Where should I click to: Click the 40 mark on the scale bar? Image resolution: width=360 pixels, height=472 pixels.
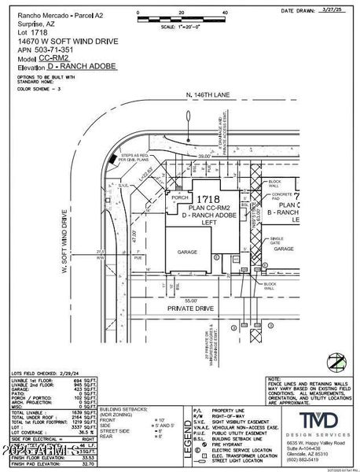[226, 13]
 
